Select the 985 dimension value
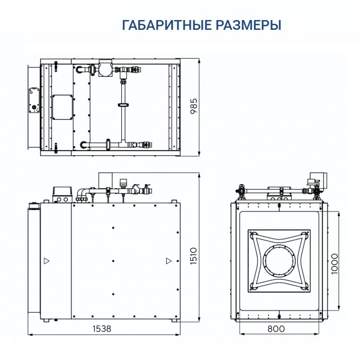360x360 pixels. pos(194,109)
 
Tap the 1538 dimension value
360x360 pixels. pos(102,328)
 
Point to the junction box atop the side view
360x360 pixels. pos(62,194)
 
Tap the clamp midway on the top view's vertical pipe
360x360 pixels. pos(123,105)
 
